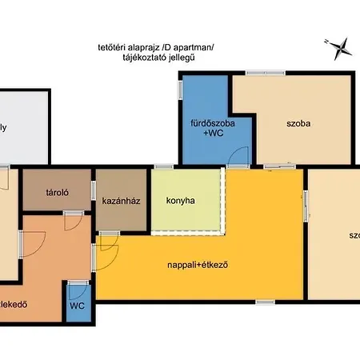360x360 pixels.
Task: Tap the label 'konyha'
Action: (x=181, y=200)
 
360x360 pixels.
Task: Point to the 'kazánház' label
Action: (x=122, y=200)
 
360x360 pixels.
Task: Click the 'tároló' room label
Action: (x=57, y=192)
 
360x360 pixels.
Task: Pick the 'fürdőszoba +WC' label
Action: (x=205, y=129)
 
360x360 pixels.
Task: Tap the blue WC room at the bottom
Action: (x=78, y=306)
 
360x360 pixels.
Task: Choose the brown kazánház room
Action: (x=122, y=212)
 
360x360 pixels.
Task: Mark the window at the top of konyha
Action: (x=164, y=166)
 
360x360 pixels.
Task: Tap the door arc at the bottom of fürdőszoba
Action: (x=238, y=158)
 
